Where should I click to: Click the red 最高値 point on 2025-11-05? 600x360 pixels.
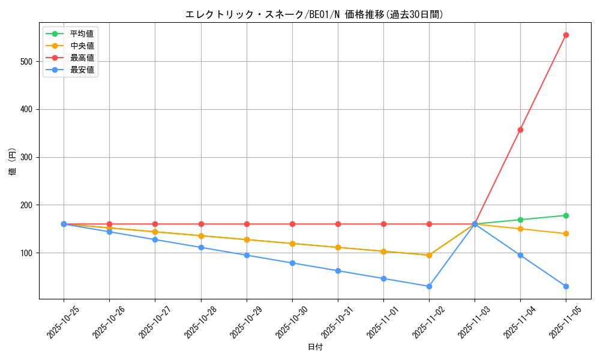pyautogui.click(x=566, y=35)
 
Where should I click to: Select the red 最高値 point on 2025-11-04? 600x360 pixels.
pyautogui.click(x=520, y=130)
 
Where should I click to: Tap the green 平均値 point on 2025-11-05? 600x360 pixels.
pyautogui.click(x=566, y=215)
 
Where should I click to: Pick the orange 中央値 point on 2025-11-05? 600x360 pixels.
pyautogui.click(x=566, y=233)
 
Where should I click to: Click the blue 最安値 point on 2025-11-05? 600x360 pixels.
pyautogui.click(x=566, y=286)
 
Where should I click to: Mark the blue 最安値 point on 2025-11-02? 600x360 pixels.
pyautogui.click(x=429, y=286)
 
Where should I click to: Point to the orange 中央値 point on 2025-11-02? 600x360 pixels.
pyautogui.click(x=429, y=255)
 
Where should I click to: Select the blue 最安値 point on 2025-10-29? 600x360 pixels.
pyautogui.click(x=247, y=255)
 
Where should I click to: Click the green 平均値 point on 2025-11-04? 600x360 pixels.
pyautogui.click(x=520, y=220)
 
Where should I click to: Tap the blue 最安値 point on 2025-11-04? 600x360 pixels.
pyautogui.click(x=520, y=255)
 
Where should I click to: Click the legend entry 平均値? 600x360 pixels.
pyautogui.click(x=82, y=34)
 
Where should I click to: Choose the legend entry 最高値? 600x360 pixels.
pyautogui.click(x=82, y=58)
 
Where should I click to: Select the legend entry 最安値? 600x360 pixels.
pyautogui.click(x=82, y=70)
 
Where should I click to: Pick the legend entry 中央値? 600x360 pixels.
pyautogui.click(x=82, y=46)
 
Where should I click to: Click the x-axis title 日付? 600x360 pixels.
pyautogui.click(x=315, y=347)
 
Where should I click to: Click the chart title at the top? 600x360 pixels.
pyautogui.click(x=315, y=14)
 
